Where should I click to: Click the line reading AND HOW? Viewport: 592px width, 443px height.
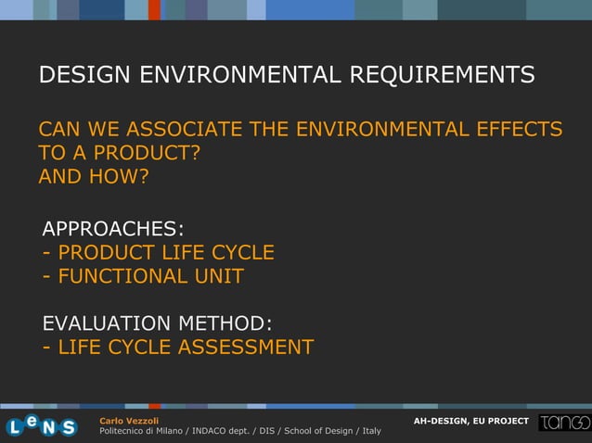pos(94,176)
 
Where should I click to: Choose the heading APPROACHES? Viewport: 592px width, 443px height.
pos(113,229)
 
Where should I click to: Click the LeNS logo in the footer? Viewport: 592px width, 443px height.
pos(42,425)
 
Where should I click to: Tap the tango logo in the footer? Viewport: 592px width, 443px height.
pos(564,423)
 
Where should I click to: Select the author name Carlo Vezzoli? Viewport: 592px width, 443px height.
pos(129,421)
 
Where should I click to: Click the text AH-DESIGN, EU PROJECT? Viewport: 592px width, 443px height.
pos(470,422)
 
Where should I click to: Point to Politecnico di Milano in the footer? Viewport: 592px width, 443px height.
pos(140,431)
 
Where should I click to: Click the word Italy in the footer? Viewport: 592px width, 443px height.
pos(370,431)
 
